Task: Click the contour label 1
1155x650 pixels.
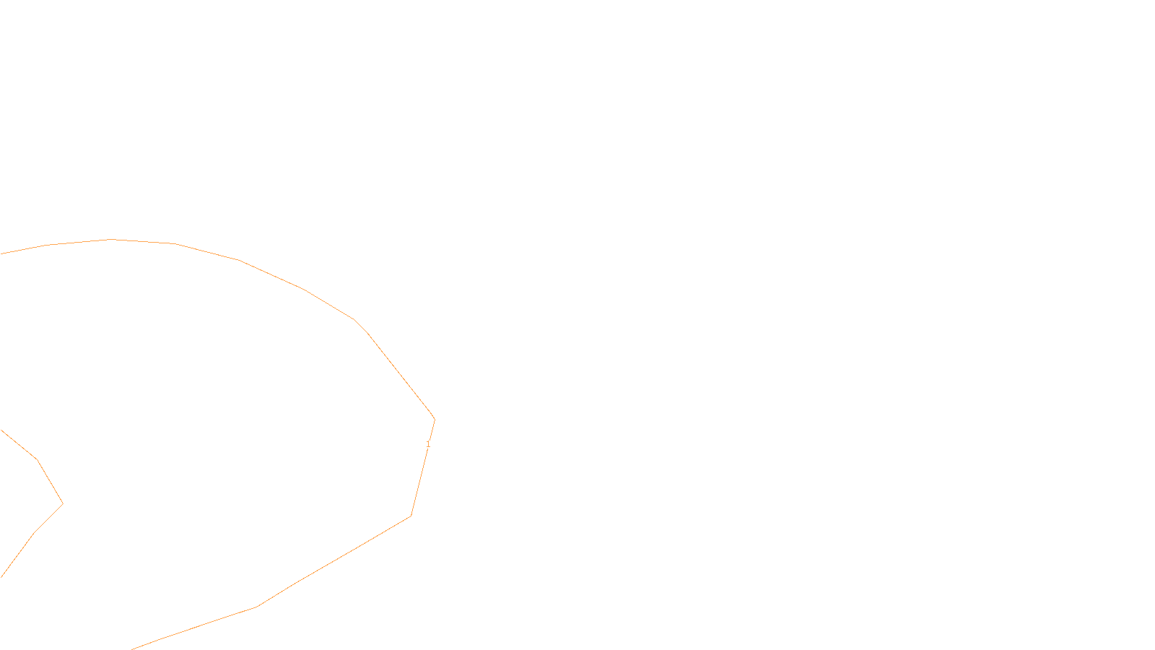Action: tap(427, 444)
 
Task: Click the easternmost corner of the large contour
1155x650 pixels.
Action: tap(435, 420)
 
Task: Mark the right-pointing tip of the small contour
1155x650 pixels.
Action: tap(63, 503)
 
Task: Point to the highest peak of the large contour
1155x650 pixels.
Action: tap(110, 239)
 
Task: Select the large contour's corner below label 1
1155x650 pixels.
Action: tap(411, 516)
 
